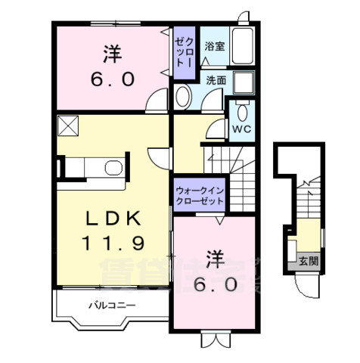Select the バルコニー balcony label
pyautogui.click(x=110, y=306)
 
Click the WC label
pyautogui.click(x=241, y=129)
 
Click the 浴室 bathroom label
pyautogui.click(x=214, y=45)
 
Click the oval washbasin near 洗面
pyautogui.click(x=183, y=95)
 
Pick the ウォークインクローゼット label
pyautogui.click(x=199, y=197)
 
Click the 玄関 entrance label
pyautogui.click(x=308, y=262)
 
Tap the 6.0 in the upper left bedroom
pyautogui.click(x=113, y=78)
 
